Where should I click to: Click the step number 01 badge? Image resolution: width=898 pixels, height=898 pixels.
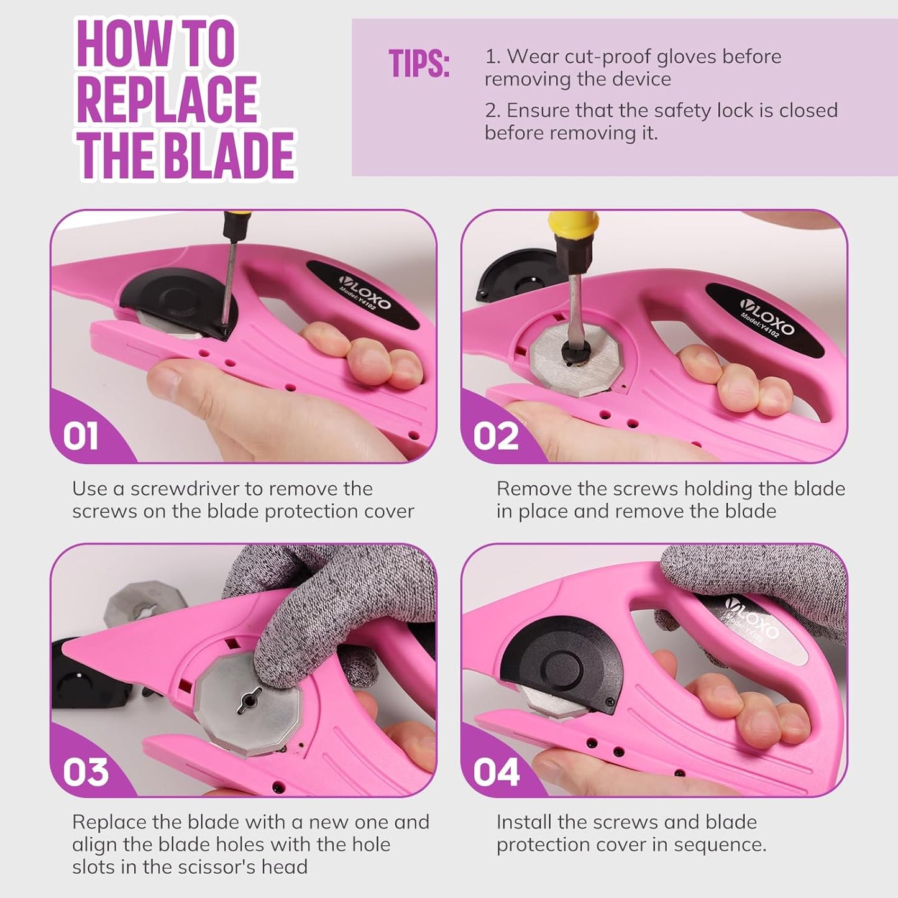coord(81,437)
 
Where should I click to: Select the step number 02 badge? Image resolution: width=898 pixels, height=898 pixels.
coord(496,437)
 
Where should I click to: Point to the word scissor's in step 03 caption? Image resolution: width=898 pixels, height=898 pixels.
coord(223,866)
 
